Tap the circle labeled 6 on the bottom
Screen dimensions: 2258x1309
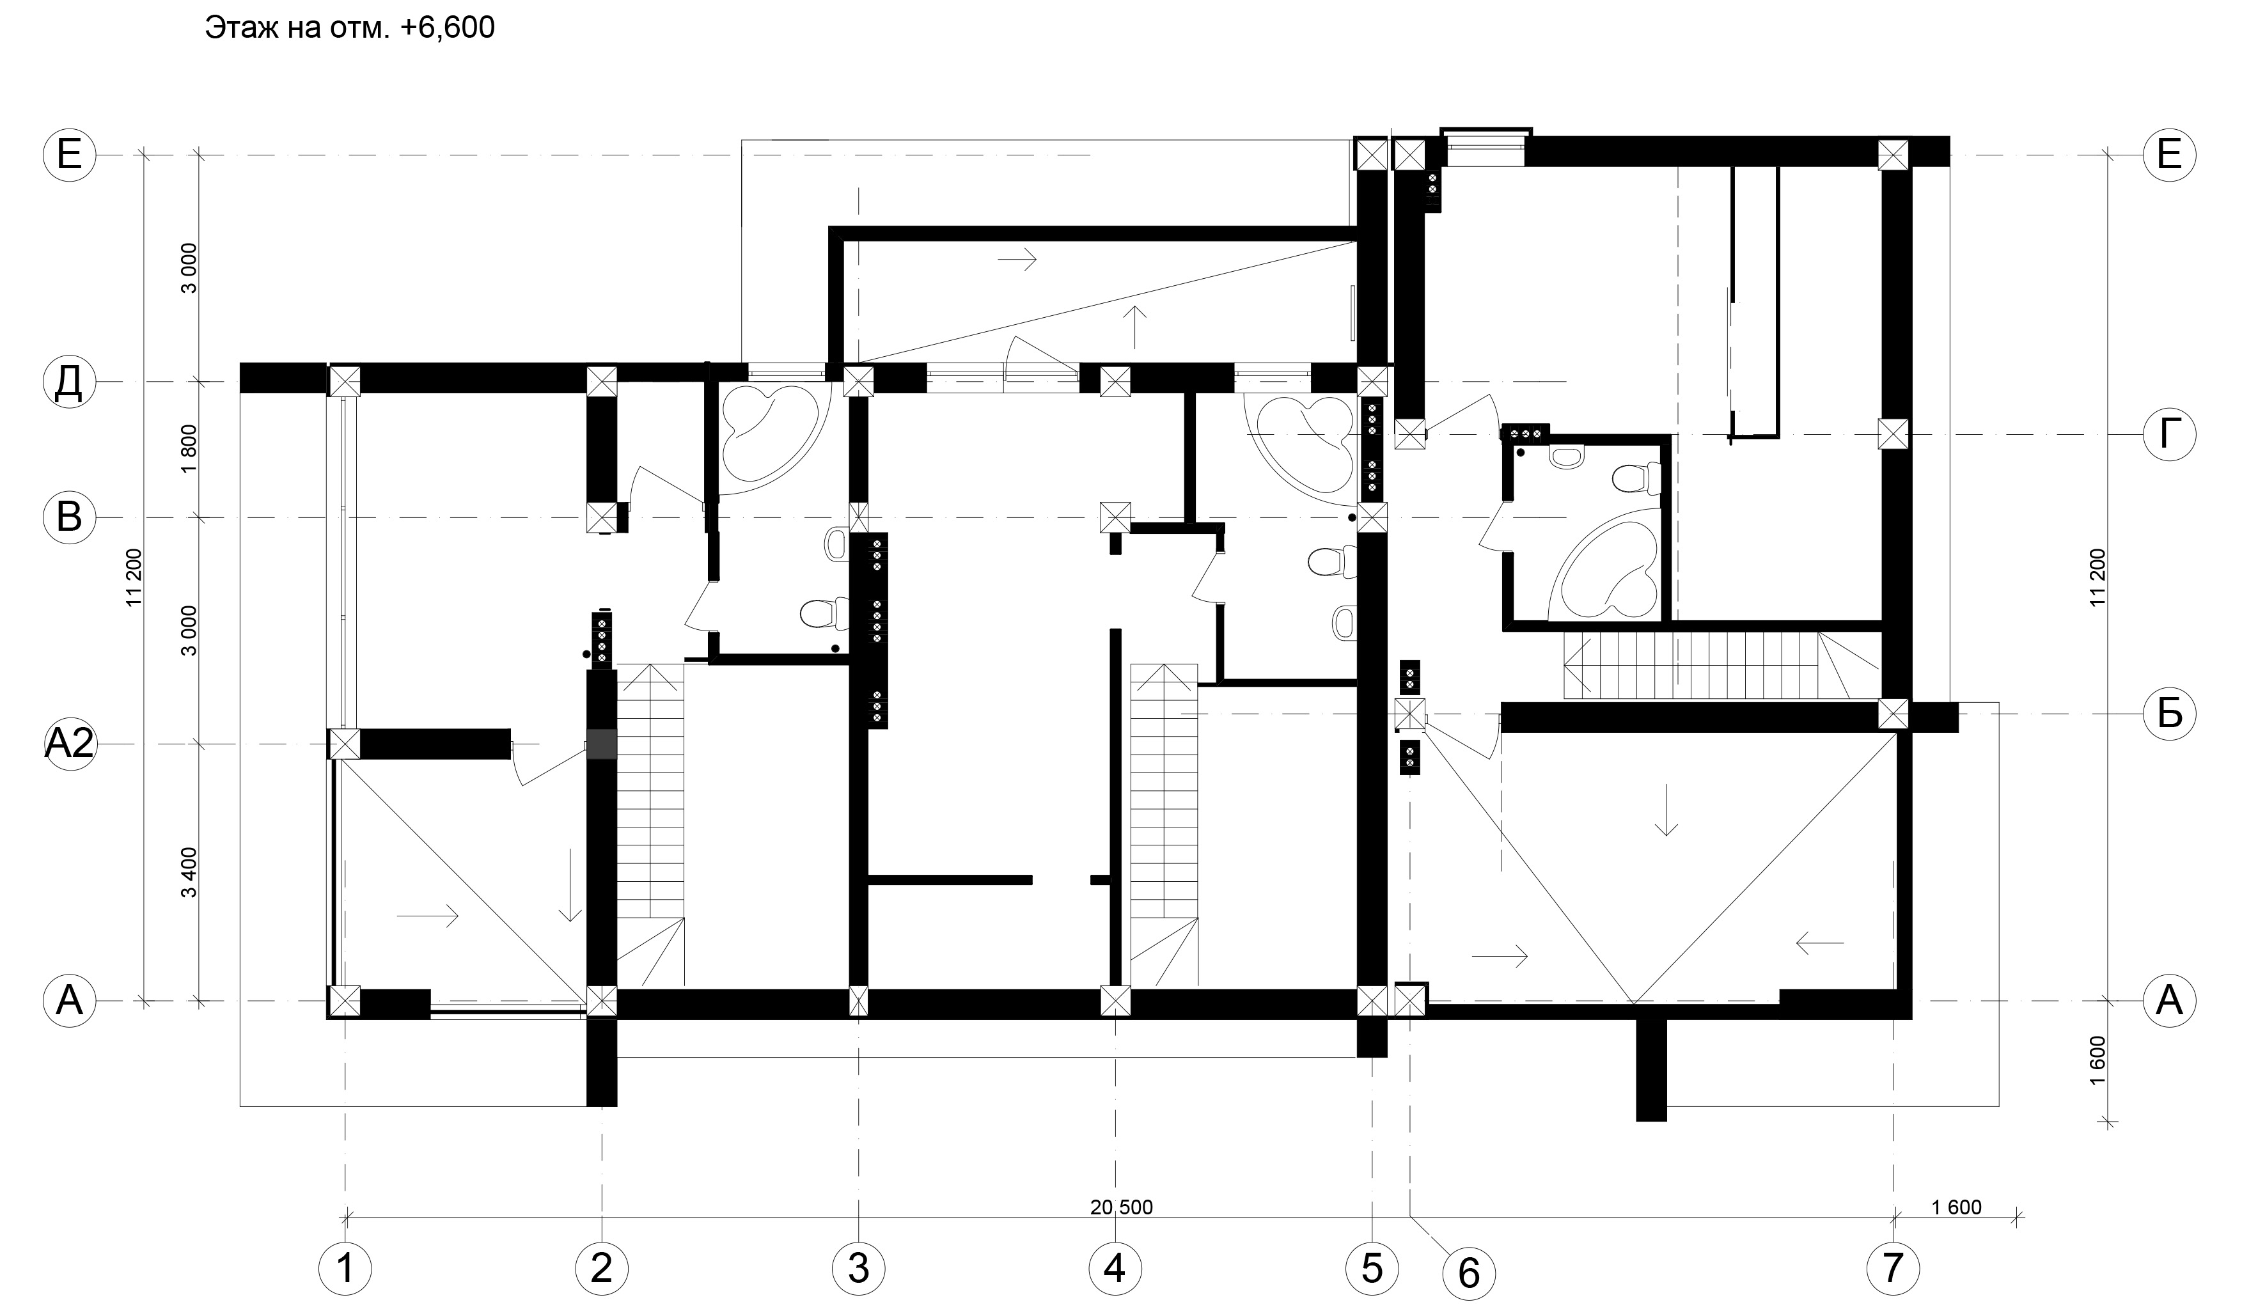pos(1469,1273)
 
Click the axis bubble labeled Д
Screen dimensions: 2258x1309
pos(69,382)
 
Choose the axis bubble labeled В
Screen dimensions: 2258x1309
pos(69,518)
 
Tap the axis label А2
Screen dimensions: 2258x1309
pos(69,744)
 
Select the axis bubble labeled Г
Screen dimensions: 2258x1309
pos(2168,435)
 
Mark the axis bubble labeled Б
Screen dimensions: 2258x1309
pos(2168,714)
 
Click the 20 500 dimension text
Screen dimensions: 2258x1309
pos(1121,1207)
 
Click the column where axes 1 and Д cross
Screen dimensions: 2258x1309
pos(345,380)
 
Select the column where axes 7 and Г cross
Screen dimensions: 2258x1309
pos(1893,435)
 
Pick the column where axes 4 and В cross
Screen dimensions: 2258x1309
pos(1115,517)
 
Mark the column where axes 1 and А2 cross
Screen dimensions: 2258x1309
pos(345,744)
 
